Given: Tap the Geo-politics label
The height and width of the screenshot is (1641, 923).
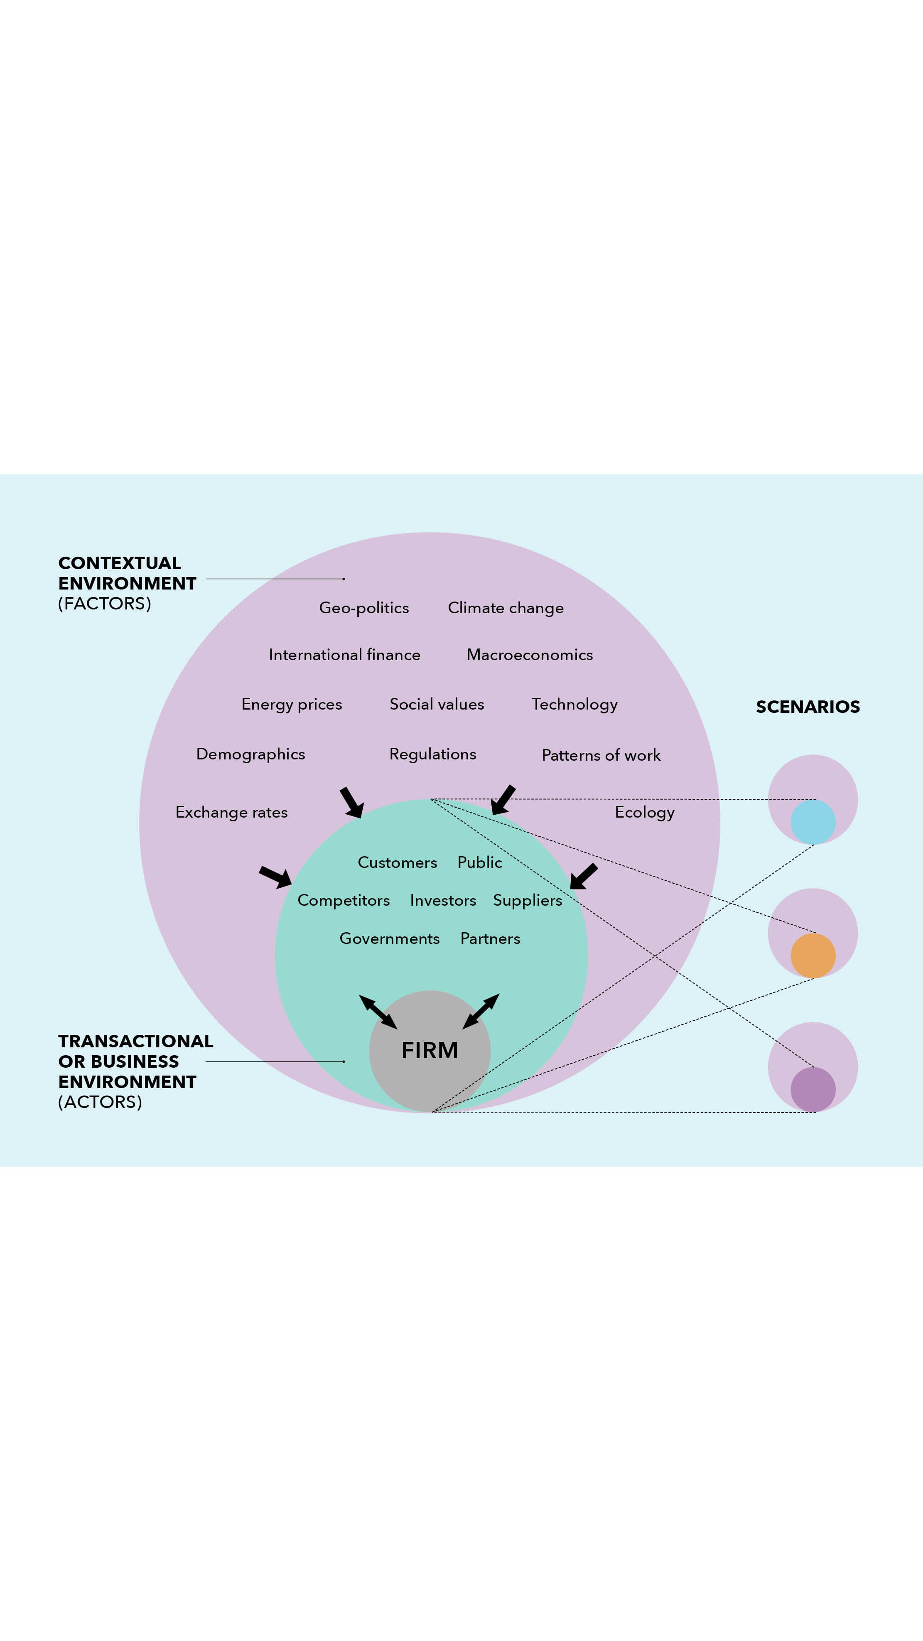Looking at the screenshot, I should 364,608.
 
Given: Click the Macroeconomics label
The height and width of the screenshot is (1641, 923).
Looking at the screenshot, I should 529,655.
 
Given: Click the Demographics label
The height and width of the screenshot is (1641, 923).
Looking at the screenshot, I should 250,754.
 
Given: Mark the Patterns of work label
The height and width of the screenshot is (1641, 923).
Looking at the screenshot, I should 601,756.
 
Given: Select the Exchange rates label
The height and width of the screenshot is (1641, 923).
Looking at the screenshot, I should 231,812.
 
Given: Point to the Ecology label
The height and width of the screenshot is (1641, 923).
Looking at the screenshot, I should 644,812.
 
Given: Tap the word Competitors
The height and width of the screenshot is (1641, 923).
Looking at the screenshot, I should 344,900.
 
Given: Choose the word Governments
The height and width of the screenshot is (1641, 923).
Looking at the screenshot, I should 389,938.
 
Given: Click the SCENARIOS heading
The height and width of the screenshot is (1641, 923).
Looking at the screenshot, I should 807,707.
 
